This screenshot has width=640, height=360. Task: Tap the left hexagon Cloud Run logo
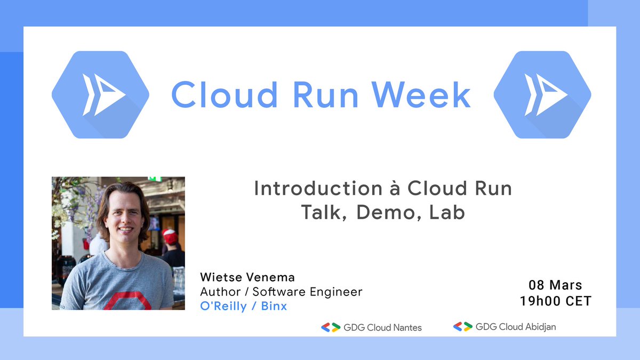point(100,95)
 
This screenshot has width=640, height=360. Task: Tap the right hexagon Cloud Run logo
point(542,95)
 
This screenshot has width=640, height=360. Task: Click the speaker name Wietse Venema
point(247,277)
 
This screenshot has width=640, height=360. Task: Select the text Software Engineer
point(307,292)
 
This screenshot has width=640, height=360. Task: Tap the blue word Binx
point(274,307)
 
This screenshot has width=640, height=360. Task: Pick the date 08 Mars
point(556,285)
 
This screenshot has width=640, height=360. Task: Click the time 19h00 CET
point(556,301)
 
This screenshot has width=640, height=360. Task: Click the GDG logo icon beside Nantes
point(331,327)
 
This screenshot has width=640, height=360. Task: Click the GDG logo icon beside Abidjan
point(463,326)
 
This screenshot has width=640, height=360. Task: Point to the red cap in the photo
point(170,235)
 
